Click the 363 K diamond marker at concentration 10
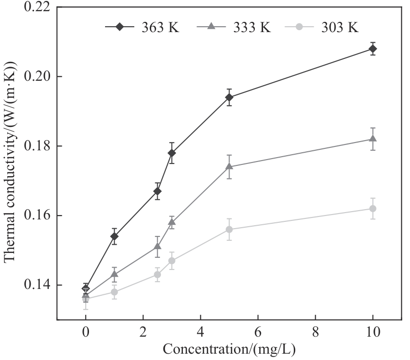tap(373, 49)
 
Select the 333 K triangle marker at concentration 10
tap(373, 139)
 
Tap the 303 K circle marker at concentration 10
tap(373, 209)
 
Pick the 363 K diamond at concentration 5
tap(229, 97)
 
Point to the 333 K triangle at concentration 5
tap(229, 166)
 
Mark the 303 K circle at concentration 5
tap(229, 230)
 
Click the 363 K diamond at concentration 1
tap(114, 236)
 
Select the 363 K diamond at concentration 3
tap(172, 153)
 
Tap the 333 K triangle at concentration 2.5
tap(157, 246)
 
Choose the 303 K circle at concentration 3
tap(172, 261)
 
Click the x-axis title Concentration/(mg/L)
tap(229, 349)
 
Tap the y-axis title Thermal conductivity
tap(11, 163)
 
